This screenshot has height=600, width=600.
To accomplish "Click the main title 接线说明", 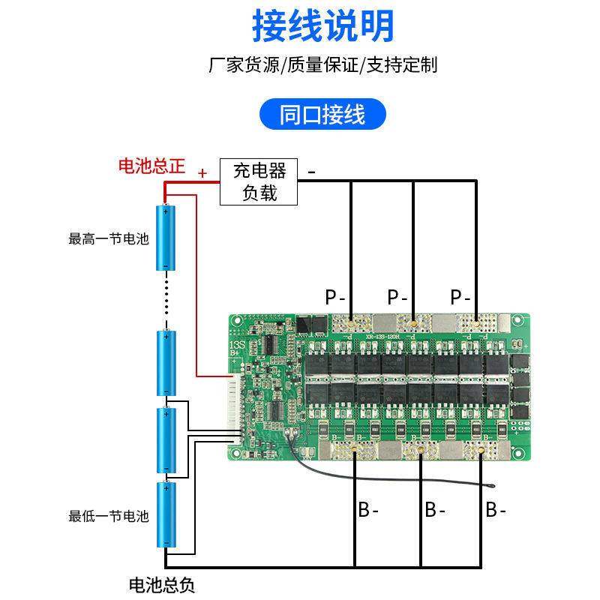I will point(322,27).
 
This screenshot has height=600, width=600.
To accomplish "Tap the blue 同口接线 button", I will point(322,115).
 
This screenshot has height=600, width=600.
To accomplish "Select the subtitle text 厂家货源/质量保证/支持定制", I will point(322,65).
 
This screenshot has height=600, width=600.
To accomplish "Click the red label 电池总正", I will point(151,166).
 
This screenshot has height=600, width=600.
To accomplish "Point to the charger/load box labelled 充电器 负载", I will point(259,181).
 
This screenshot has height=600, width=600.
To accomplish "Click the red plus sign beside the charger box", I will point(202,173).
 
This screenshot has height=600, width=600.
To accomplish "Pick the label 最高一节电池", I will point(109,240).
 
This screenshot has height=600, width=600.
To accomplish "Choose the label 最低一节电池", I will point(109,516).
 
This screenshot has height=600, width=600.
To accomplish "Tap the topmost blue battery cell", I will point(165,238).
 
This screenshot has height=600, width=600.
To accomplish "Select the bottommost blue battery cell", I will point(165,515).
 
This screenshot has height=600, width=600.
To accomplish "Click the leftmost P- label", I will point(335,297).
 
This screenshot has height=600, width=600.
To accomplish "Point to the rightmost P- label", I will point(461,297).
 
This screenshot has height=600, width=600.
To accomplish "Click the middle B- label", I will point(435,511).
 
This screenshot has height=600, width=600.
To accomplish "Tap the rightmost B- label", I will point(496,511).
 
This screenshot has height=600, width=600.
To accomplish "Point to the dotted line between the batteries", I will point(165,300).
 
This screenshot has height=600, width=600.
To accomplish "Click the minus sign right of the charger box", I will point(311,172).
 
